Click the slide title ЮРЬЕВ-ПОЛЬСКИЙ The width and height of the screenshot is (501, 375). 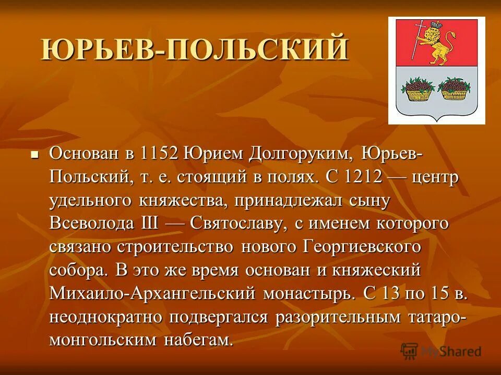(194, 49)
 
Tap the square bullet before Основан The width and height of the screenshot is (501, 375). (35, 155)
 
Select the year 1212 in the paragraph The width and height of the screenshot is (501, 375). (364, 177)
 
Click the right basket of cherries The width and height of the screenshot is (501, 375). (452, 89)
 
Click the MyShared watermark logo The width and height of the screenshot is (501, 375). (441, 351)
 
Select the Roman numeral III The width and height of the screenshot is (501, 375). (151, 224)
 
